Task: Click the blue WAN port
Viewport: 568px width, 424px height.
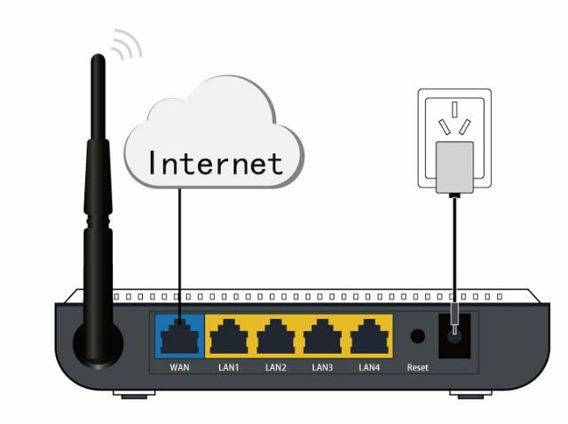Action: [x=180, y=336]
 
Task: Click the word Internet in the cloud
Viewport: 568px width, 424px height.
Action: [x=215, y=163]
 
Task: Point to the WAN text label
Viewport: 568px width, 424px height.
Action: [x=180, y=367]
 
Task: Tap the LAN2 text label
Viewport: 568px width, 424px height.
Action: [x=274, y=367]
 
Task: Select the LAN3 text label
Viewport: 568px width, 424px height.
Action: [x=321, y=367]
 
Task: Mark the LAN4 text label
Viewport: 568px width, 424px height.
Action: [x=368, y=367]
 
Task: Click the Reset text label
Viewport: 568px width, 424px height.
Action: [x=417, y=367]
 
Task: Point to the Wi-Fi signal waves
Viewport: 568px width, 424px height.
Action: [x=127, y=44]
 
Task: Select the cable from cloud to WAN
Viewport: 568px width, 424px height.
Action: [x=180, y=249]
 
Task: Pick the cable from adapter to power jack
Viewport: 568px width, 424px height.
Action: [x=454, y=249]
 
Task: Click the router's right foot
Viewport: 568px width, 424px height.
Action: [x=470, y=393]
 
